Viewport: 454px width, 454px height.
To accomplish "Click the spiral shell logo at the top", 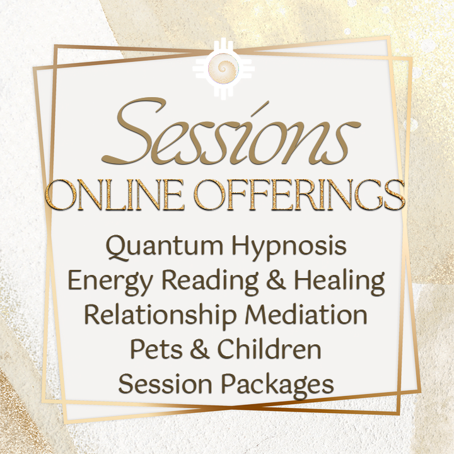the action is tap(223, 68).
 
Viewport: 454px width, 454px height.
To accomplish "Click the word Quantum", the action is tap(165, 247).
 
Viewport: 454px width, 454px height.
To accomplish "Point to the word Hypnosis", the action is tap(289, 247).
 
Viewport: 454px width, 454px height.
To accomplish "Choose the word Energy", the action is tap(110, 281).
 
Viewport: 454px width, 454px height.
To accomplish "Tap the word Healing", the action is tap(339, 281).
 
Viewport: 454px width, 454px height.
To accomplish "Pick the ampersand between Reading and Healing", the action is tap(276, 280).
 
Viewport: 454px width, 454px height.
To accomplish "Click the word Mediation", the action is tap(306, 315).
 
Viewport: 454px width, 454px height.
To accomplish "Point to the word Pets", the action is tap(156, 349).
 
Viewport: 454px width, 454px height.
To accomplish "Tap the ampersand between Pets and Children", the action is tap(199, 349).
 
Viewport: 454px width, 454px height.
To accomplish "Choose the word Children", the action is tap(269, 349).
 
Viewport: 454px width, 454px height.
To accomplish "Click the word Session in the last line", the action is tap(165, 384).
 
